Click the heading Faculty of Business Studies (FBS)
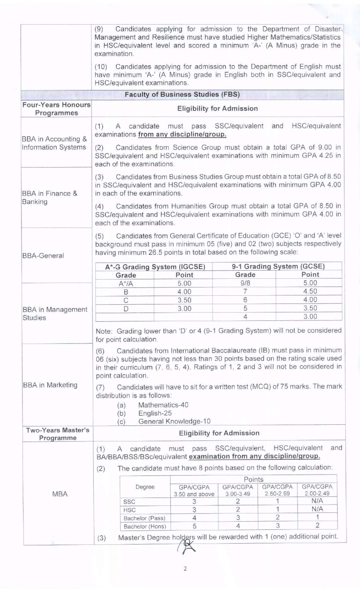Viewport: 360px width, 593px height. click(x=182, y=95)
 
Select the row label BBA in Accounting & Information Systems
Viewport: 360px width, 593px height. click(x=54, y=143)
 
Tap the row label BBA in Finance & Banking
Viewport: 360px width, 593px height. click(x=49, y=197)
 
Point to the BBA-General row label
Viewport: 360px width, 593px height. click(x=43, y=256)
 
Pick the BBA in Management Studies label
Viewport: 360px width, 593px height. click(x=54, y=313)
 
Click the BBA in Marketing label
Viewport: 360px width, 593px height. click(x=50, y=385)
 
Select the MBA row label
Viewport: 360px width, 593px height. click(x=59, y=494)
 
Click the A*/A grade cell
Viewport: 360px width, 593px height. click(x=125, y=283)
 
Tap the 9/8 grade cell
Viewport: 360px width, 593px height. click(x=245, y=283)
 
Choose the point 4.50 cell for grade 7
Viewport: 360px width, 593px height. click(x=310, y=291)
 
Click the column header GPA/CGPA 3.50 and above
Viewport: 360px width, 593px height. click(x=194, y=490)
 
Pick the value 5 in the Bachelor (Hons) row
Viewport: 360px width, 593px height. click(x=194, y=526)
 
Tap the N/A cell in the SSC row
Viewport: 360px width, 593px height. click(x=317, y=501)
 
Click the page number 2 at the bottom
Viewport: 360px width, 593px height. click(x=185, y=569)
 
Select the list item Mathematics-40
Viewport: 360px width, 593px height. click(x=163, y=405)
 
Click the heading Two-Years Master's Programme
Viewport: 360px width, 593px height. click(x=57, y=434)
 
